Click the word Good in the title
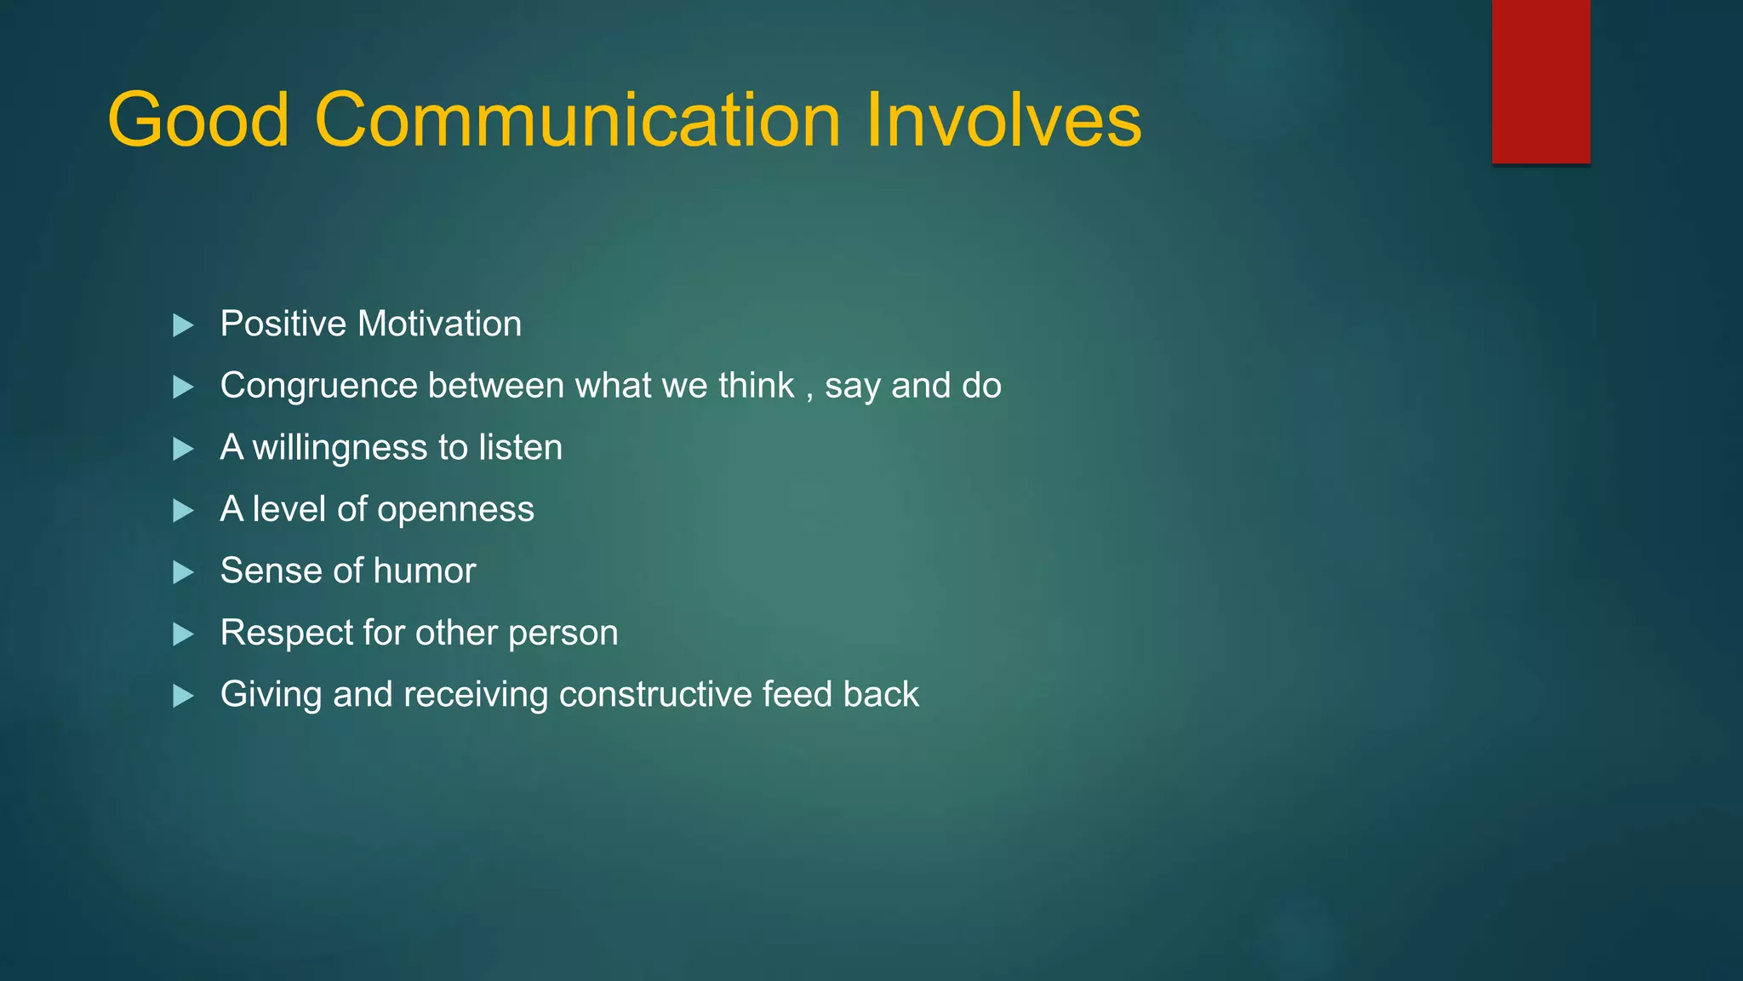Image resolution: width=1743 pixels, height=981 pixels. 198,121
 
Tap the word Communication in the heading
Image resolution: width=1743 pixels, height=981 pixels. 578,121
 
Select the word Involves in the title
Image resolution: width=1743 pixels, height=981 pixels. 1003,121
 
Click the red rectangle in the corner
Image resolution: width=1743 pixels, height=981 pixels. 1540,81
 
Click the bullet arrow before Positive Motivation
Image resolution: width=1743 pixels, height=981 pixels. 183,325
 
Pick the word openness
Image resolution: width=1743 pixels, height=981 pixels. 455,510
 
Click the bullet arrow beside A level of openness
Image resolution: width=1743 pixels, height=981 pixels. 183,511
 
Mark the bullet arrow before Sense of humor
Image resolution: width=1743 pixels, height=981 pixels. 183,572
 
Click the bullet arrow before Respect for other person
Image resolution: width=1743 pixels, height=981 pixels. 183,634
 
